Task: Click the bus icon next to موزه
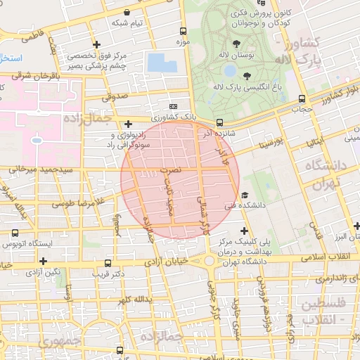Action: coord(184,32)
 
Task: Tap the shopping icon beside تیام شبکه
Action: coord(126,12)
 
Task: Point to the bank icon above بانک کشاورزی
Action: coord(173,106)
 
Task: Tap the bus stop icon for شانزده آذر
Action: coord(220,122)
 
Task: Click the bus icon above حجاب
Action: coord(302,99)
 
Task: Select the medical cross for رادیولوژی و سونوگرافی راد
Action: coord(127,124)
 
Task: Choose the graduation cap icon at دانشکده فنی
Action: coord(244,195)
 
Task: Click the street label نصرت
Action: coord(171,170)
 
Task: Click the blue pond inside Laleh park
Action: coord(229,70)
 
